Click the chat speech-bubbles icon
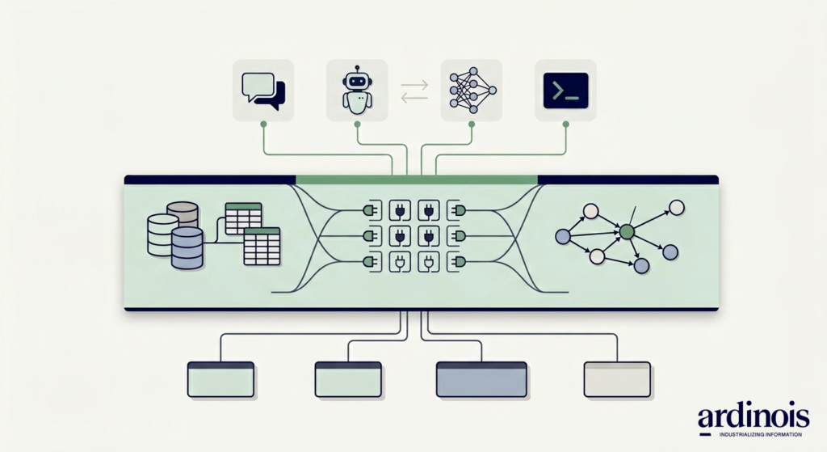263,90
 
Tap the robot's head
356,81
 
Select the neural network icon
472,90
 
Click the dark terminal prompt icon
565,90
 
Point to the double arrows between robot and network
414,90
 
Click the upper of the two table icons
243,218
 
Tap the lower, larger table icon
262,246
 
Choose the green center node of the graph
626,232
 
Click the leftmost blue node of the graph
564,236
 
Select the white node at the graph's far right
677,207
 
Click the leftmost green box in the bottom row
220,379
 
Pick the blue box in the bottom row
482,379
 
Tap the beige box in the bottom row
617,379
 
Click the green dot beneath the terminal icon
565,124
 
